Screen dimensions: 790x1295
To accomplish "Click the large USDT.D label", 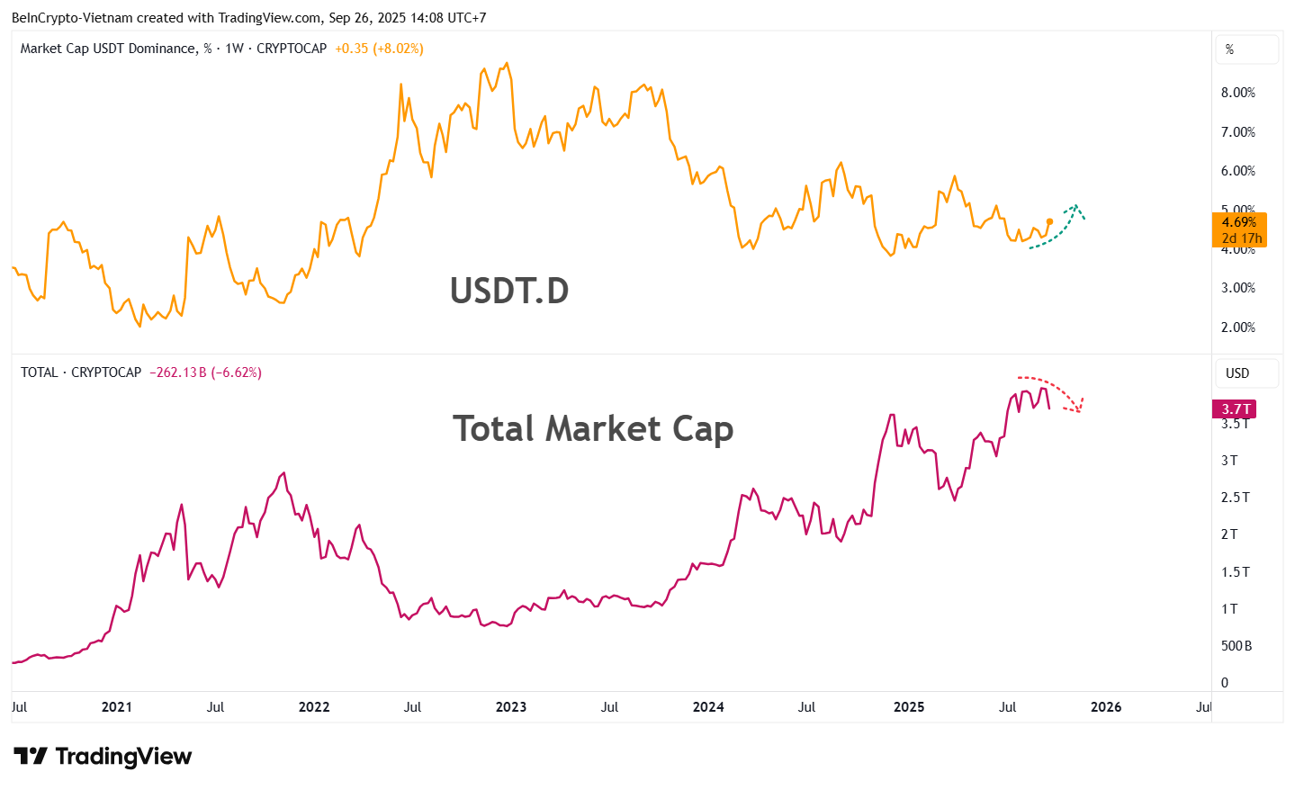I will pos(509,291).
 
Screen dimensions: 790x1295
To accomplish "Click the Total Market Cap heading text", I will pos(593,428).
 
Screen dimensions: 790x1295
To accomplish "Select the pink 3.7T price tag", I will pos(1236,409).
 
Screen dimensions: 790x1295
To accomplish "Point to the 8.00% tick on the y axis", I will pos(1237,93).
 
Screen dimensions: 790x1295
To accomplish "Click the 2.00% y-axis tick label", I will pos(1237,328).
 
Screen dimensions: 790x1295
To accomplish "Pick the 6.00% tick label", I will pos(1237,171).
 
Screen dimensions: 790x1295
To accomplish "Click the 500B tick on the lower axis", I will pos(1236,646).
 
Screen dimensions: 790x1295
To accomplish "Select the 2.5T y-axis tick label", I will pos(1235,498).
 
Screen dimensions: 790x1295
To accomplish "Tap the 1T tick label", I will pos(1229,609).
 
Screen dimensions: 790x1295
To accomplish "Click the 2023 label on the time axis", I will pos(511,707).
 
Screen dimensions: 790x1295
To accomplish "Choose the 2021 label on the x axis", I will pos(117,707).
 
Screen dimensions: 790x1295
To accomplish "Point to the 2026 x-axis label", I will pos(1105,707).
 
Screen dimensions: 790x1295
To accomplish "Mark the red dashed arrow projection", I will pos(1055,389).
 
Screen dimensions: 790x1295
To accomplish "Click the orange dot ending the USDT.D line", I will pos(1049,221).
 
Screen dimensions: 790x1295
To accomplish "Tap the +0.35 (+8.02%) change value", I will pos(379,49).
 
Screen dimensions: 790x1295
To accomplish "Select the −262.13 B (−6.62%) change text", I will pos(205,373).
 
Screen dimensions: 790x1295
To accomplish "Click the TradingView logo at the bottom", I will pos(103,757).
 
